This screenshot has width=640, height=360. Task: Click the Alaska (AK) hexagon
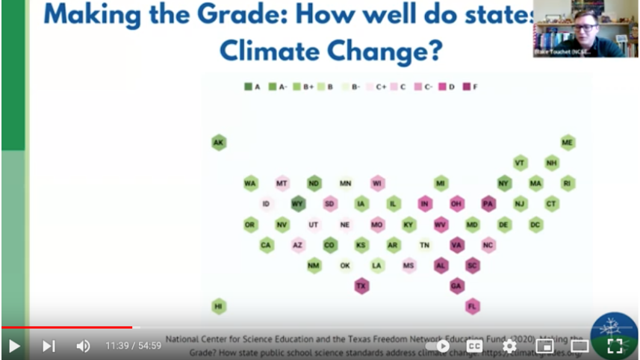[218, 143]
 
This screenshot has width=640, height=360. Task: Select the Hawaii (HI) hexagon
[218, 306]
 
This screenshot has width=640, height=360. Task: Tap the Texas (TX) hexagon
[361, 285]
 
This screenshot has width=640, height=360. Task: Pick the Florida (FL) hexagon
[472, 306]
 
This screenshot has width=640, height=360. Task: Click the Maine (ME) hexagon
[568, 143]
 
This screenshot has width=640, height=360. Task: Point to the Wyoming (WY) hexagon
[298, 204]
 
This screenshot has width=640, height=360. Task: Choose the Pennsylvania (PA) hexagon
[488, 204]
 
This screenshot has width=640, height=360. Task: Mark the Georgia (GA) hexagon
[456, 285]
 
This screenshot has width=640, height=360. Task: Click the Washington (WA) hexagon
[250, 183]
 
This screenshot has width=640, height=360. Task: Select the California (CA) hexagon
[266, 244]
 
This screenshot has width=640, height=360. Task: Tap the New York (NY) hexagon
[504, 183]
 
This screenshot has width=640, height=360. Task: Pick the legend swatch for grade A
[249, 87]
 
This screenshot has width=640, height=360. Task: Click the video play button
[14, 346]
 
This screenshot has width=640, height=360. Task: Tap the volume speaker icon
[83, 346]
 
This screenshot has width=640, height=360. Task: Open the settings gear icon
[509, 346]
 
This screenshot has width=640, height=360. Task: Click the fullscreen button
[615, 346]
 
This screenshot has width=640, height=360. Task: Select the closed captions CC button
[474, 346]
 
